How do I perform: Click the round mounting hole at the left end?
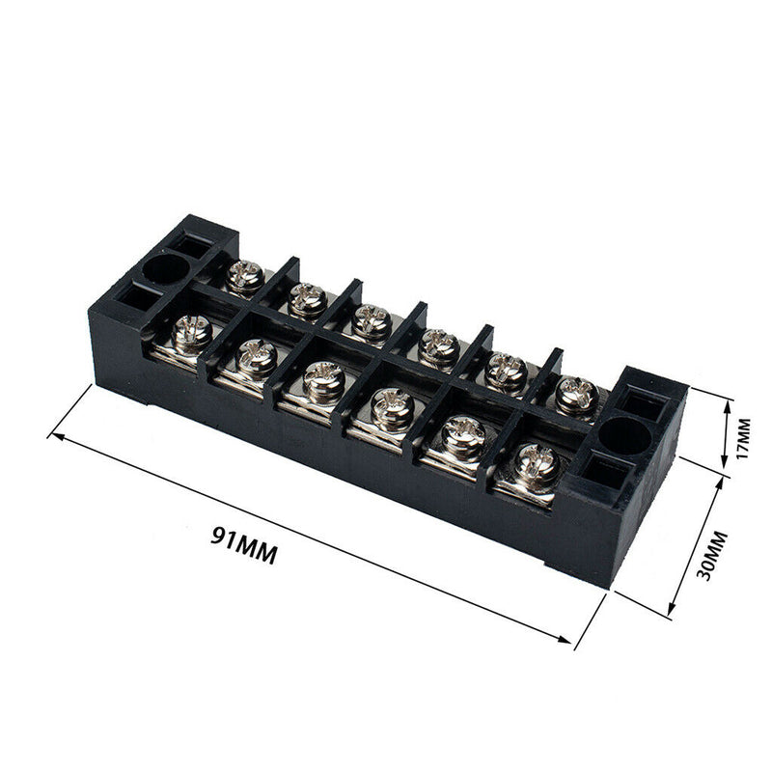click(x=165, y=269)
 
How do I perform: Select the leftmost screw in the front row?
click(x=192, y=332)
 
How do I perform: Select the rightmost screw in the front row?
click(x=537, y=467)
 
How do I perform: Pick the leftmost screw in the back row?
click(x=244, y=278)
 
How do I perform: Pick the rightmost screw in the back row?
click(x=575, y=394)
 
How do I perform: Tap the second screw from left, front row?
click(x=259, y=357)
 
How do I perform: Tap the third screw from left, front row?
click(x=324, y=380)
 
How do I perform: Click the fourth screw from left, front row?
click(x=392, y=407)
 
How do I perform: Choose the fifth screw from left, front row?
click(x=464, y=436)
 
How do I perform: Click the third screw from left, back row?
click(x=371, y=322)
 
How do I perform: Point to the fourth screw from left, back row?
click(x=439, y=345)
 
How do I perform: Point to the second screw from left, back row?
click(x=308, y=300)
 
